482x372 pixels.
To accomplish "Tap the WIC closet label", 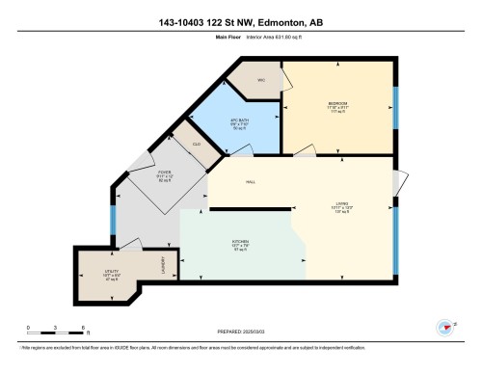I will click(x=259, y=80).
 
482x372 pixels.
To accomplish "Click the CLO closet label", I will click(x=196, y=144).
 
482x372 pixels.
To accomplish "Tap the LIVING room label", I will click(x=342, y=203).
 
